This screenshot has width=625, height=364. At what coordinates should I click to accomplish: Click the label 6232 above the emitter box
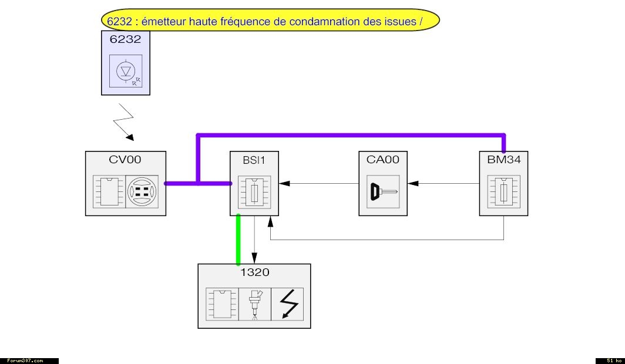click(125, 39)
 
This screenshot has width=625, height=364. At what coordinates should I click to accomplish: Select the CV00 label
click(125, 159)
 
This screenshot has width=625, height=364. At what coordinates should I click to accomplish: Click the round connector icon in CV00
click(142, 191)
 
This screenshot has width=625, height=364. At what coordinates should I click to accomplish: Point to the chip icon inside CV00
click(108, 191)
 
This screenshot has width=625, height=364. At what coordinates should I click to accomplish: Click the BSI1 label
click(253, 159)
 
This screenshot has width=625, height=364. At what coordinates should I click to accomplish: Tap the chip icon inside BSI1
click(254, 191)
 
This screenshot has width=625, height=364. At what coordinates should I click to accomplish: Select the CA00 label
click(383, 159)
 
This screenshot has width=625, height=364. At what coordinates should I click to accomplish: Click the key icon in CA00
click(383, 191)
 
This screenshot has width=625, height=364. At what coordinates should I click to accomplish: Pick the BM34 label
click(503, 159)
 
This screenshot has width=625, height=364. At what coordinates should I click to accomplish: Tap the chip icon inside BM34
click(503, 191)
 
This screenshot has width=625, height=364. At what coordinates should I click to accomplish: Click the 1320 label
click(254, 272)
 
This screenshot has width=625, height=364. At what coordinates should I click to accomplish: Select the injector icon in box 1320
click(255, 304)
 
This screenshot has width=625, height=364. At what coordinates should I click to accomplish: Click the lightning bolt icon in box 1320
click(287, 304)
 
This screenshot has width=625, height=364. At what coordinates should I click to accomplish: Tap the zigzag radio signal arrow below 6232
click(126, 122)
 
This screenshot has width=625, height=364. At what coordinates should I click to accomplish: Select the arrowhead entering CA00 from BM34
click(413, 183)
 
